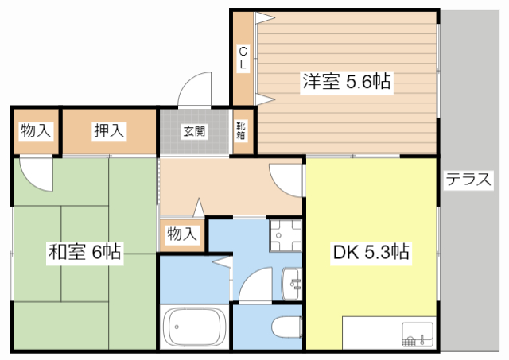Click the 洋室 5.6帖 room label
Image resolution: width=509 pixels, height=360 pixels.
click(x=347, y=81)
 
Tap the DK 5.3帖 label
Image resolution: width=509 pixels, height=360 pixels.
click(x=371, y=252)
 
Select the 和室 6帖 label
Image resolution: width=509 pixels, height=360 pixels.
click(x=85, y=252)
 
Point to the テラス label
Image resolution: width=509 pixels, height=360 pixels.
click(x=468, y=180)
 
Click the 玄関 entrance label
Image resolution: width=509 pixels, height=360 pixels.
click(x=194, y=131)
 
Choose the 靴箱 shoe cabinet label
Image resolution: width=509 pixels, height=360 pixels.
click(x=241, y=130)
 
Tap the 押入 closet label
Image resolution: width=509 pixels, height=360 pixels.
click(x=109, y=130)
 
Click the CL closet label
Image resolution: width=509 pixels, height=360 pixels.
click(x=243, y=58)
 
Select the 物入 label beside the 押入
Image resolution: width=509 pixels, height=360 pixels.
click(x=36, y=130)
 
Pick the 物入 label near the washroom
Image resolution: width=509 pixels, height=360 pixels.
click(x=182, y=234)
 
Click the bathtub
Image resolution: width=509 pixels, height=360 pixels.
click(x=194, y=327)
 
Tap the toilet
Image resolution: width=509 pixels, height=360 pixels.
click(x=287, y=327)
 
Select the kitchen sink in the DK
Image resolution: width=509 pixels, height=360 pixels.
click(x=417, y=335)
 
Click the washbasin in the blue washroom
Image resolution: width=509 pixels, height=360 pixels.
click(x=292, y=284)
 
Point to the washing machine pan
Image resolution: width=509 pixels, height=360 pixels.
click(x=286, y=236)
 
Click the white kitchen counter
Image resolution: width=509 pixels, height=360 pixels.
click(x=389, y=333)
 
